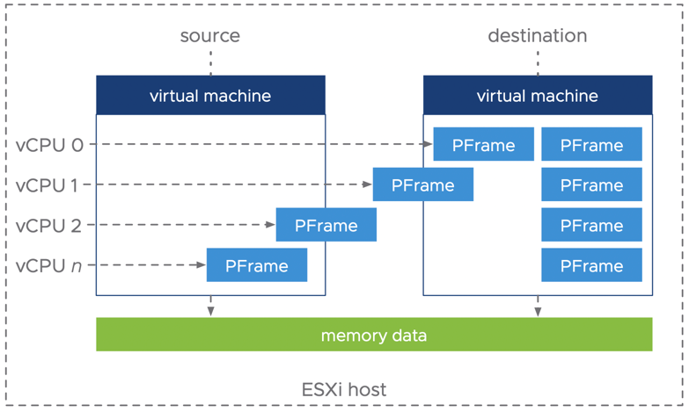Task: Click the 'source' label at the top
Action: click(x=209, y=36)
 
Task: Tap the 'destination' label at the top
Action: click(x=537, y=36)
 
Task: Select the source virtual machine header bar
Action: click(x=210, y=95)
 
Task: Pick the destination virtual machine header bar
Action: click(x=537, y=95)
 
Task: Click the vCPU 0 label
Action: click(x=49, y=145)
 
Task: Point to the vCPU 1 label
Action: click(x=49, y=185)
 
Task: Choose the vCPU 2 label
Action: click(x=49, y=226)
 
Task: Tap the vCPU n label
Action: click(x=49, y=265)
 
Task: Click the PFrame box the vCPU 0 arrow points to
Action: click(x=483, y=145)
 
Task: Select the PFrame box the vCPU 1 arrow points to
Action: click(x=422, y=185)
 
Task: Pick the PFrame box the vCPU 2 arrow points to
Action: click(x=326, y=225)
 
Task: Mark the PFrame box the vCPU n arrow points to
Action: click(x=256, y=265)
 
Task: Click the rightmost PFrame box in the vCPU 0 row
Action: click(x=591, y=145)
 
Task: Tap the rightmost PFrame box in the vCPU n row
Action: click(x=591, y=265)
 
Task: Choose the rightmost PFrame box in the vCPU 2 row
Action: click(x=591, y=225)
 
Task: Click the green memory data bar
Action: click(x=374, y=335)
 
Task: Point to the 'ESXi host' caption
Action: click(x=344, y=389)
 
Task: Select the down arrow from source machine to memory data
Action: click(x=210, y=307)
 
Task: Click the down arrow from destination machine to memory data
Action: click(x=538, y=307)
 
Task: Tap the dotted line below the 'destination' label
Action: click(x=538, y=61)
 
